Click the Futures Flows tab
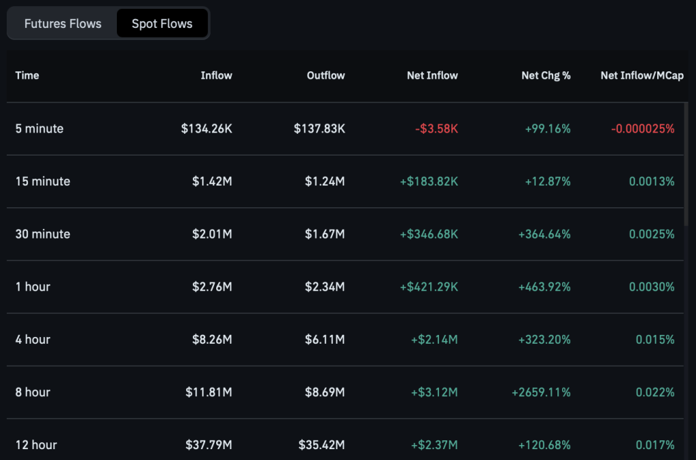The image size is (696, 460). (63, 24)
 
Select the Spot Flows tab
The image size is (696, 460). (162, 24)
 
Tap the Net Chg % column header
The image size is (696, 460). (546, 75)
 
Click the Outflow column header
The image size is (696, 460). (326, 75)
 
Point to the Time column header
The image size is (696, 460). (27, 75)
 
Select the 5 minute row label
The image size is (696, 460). (39, 128)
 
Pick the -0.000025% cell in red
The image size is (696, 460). (642, 128)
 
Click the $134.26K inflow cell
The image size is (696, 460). (207, 128)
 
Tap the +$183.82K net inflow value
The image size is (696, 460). (430, 181)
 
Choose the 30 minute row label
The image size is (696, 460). (43, 234)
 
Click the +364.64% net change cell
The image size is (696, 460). (544, 234)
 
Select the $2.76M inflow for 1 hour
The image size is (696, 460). (212, 287)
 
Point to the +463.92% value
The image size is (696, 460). (544, 287)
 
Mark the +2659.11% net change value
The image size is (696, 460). (542, 392)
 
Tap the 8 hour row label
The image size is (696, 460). (33, 392)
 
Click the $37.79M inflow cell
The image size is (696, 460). (209, 445)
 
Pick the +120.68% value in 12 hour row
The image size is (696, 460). (544, 445)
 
